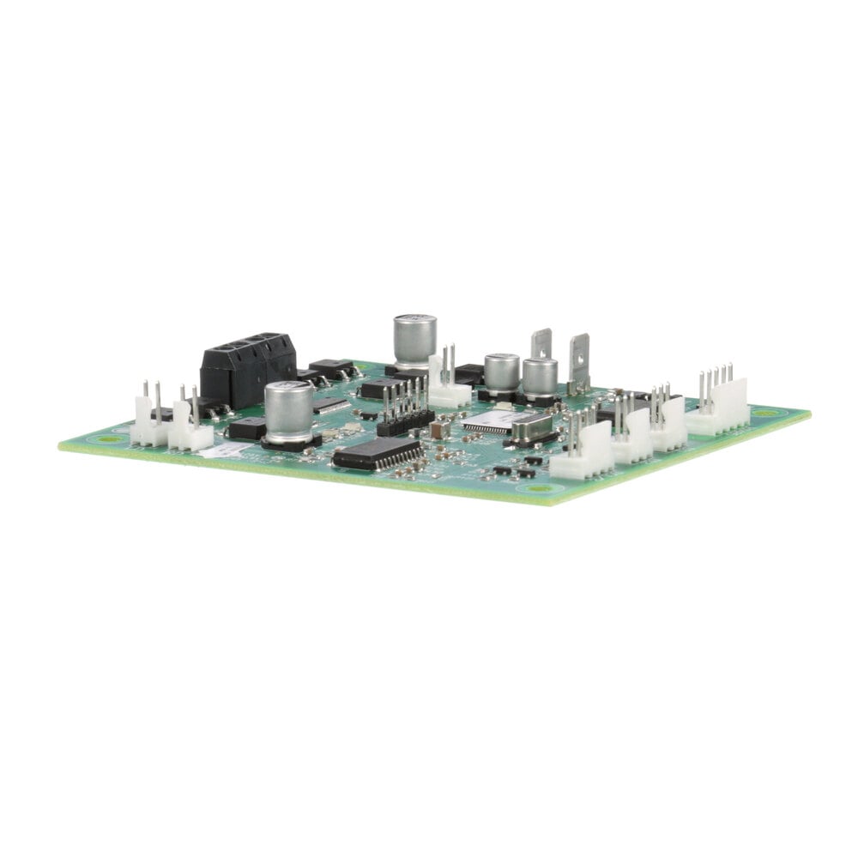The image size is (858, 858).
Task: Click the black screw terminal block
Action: tap(248, 369)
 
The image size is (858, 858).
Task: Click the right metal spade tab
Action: tap(579, 360)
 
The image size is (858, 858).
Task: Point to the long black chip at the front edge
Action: tap(377, 452)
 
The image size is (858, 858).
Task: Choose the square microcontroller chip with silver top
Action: tap(489, 421)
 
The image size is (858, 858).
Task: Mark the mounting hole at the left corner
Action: tap(108, 438)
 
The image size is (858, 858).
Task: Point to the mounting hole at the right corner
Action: tap(764, 413)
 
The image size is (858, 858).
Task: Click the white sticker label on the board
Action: tap(226, 450)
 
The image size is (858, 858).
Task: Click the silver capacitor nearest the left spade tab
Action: tap(540, 378)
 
